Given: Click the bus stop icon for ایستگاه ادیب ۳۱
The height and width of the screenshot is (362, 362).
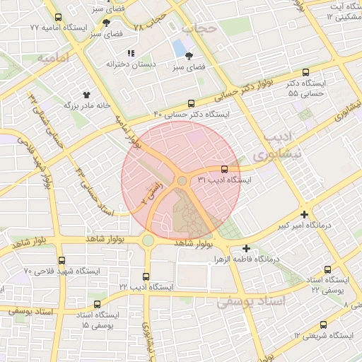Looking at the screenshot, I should pyautogui.click(x=225, y=169).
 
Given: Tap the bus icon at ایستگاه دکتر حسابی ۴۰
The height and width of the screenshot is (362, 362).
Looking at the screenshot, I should pyautogui.click(x=191, y=103).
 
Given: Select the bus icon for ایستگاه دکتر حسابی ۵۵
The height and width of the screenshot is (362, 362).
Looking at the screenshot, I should pyautogui.click(x=305, y=72).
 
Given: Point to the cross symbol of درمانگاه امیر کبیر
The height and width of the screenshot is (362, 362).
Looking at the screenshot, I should pyautogui.click(x=304, y=214).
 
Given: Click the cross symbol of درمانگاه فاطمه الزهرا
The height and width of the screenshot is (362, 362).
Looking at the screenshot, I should pyautogui.click(x=246, y=248).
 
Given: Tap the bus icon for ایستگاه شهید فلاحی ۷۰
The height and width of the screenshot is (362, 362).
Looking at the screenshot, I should pyautogui.click(x=62, y=260).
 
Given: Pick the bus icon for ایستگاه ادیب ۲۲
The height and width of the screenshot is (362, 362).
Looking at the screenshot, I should pyautogui.click(x=146, y=276).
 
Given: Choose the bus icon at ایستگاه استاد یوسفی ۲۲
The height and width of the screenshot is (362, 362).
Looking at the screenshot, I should pyautogui.click(x=327, y=269).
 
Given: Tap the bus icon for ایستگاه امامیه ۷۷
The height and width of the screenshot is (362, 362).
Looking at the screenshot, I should pyautogui.click(x=58, y=17).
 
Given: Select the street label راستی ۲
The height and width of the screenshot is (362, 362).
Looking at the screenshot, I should pyautogui.click(x=150, y=191).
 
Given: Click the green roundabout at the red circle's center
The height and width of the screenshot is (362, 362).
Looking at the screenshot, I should pyautogui.click(x=182, y=181).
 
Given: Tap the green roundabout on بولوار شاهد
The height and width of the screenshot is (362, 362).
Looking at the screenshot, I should pyautogui.click(x=147, y=240).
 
